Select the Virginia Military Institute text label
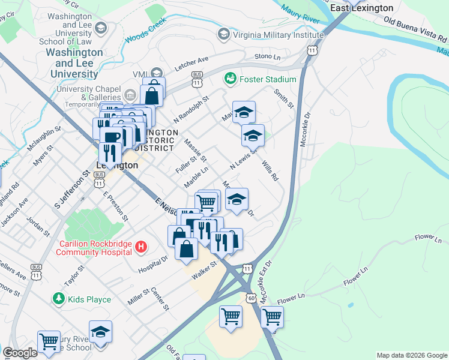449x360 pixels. (x=277, y=34)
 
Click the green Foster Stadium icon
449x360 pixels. (x=230, y=79)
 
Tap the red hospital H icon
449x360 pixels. (x=140, y=247)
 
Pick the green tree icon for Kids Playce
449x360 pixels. (x=58, y=298)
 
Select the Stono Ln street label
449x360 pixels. (x=267, y=57)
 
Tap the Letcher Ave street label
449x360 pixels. (x=191, y=63)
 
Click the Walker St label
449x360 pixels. (x=203, y=270)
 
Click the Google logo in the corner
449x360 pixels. (x=20, y=353)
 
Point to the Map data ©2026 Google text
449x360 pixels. (x=411, y=355)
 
